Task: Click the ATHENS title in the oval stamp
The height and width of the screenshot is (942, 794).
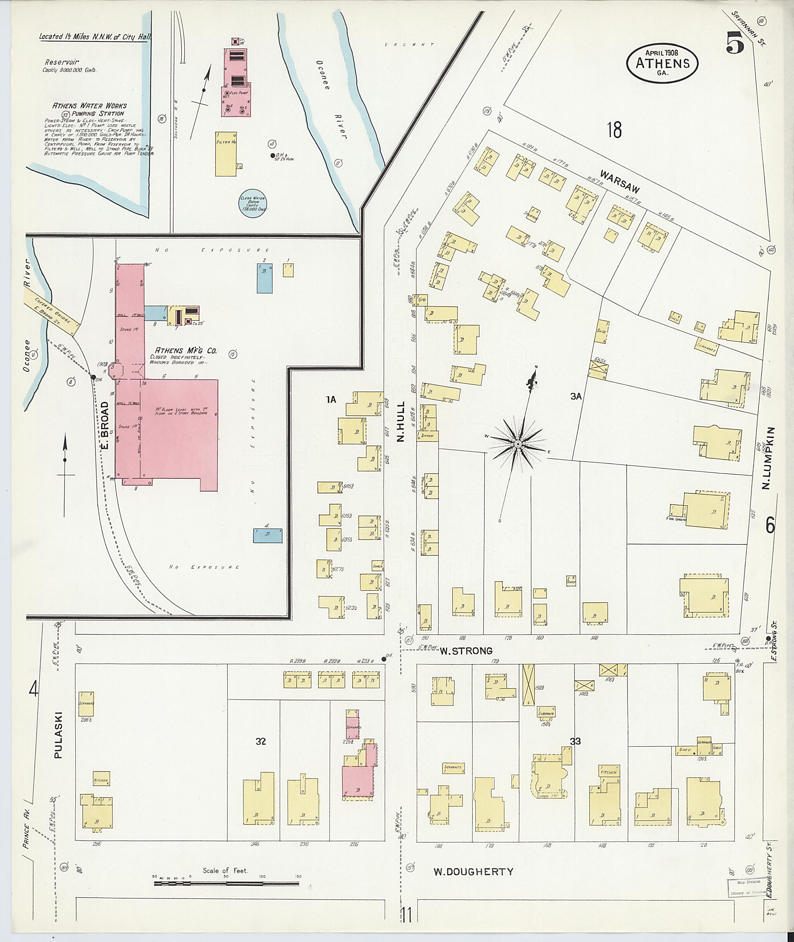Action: pyautogui.click(x=662, y=63)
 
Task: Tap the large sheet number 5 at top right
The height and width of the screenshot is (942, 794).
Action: pyautogui.click(x=735, y=44)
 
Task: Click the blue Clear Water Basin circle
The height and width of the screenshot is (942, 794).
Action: pyautogui.click(x=253, y=204)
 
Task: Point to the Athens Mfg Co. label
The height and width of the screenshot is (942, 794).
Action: pyautogui.click(x=186, y=350)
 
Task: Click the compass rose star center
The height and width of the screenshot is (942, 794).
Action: pyautogui.click(x=518, y=444)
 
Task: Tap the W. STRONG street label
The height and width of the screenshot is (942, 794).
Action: pyautogui.click(x=466, y=650)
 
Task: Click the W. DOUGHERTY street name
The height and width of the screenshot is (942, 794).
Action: pyautogui.click(x=473, y=872)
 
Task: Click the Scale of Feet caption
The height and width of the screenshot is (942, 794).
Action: pyautogui.click(x=225, y=870)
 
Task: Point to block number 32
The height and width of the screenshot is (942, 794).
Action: pyautogui.click(x=261, y=741)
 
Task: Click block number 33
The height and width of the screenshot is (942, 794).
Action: pyautogui.click(x=575, y=741)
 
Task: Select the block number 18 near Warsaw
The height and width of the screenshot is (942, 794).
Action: pyautogui.click(x=614, y=130)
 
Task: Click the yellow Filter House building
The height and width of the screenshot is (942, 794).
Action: pyautogui.click(x=226, y=154)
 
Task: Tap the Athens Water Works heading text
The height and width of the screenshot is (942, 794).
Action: pyautogui.click(x=90, y=106)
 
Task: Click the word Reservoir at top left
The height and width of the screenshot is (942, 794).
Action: pyautogui.click(x=62, y=62)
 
